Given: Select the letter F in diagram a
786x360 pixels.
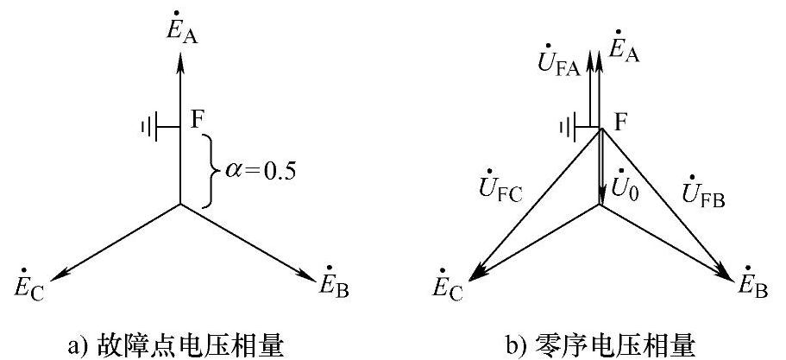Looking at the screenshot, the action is pos(197,118).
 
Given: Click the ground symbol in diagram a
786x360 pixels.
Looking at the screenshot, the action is pos(154,128).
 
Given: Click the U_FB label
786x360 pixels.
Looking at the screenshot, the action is pos(706,193).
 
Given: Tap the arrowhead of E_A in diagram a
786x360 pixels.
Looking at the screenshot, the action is pos(179,62).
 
